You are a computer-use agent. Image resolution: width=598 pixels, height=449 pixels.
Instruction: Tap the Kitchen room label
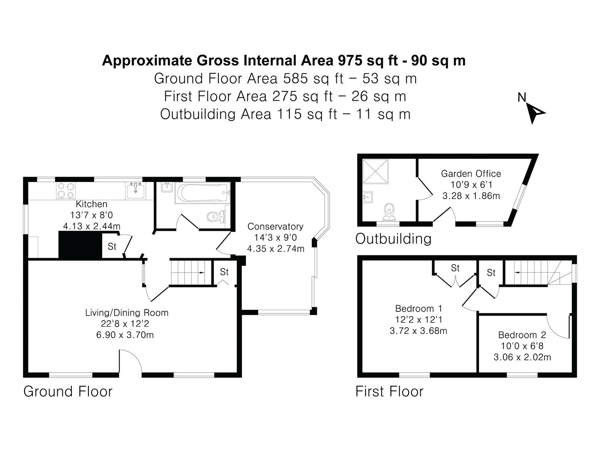(91, 204)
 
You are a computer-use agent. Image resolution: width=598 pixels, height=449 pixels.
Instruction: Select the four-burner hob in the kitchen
(66, 190)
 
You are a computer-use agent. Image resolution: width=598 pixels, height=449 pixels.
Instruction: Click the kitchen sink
(136, 190)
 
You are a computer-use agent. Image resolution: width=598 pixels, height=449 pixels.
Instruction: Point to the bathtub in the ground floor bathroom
(202, 193)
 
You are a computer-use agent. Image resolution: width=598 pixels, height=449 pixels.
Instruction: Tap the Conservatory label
(275, 226)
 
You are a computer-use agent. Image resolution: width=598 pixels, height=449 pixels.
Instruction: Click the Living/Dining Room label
(127, 312)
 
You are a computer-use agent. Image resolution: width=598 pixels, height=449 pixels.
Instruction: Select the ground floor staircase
(191, 273)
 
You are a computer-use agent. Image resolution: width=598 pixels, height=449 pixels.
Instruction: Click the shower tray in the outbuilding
(375, 171)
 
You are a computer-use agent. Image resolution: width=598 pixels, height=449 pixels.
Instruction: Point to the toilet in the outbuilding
(389, 212)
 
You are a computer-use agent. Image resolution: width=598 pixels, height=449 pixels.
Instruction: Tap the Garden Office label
(471, 174)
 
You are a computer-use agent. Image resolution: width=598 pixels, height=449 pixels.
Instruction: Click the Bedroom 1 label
(419, 308)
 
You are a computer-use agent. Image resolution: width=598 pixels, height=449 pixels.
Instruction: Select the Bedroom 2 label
(522, 335)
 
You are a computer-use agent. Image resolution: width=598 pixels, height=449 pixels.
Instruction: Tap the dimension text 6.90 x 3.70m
(125, 335)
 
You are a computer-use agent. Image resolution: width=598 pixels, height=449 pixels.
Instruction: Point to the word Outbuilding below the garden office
(393, 239)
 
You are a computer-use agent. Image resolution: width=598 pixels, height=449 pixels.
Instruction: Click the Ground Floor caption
(68, 392)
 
